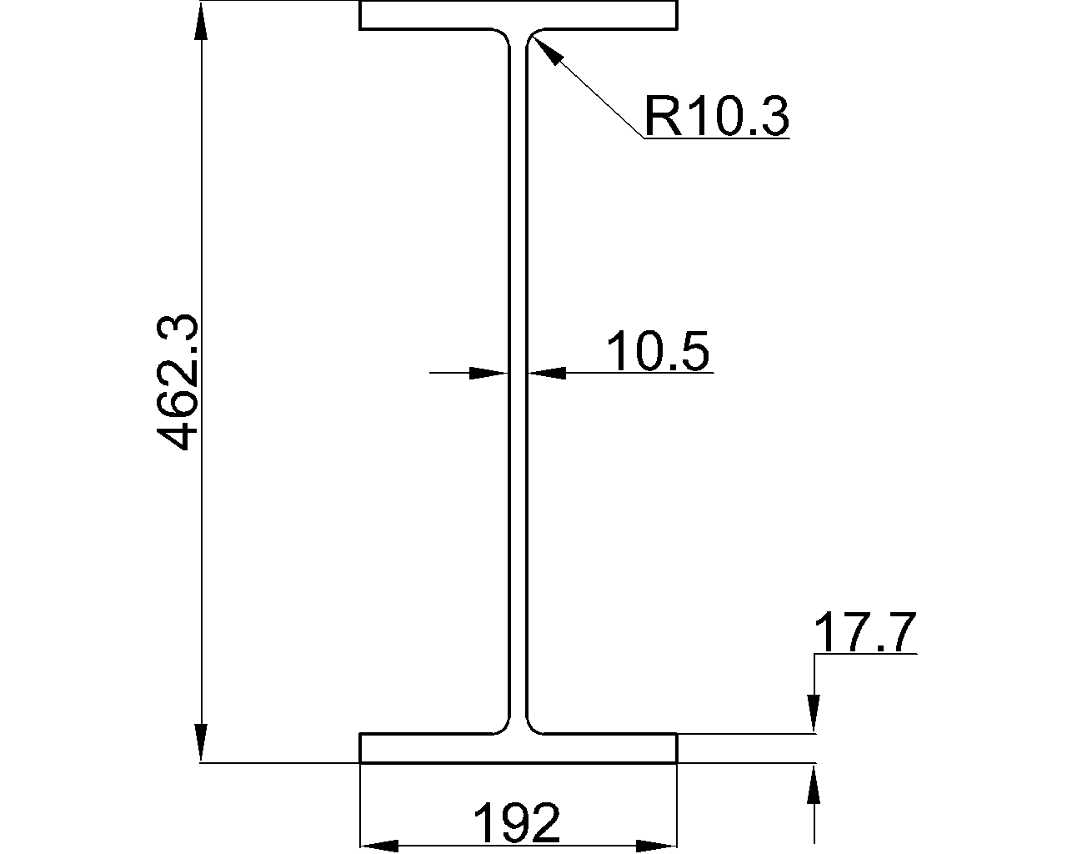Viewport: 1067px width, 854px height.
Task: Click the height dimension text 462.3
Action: [x=177, y=382]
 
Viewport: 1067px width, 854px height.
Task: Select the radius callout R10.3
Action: [x=716, y=117]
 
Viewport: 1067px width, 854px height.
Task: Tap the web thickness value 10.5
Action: [x=658, y=351]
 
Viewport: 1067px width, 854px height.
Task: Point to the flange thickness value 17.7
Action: [x=864, y=632]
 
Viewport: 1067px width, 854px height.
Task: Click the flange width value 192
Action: [x=517, y=823]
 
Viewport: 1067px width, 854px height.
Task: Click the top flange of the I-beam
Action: [x=518, y=15]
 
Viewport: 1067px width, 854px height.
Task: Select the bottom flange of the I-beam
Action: [x=518, y=748]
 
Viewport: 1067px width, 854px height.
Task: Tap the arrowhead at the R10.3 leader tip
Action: [x=547, y=49]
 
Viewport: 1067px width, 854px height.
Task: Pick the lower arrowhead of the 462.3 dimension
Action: [x=201, y=742]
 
